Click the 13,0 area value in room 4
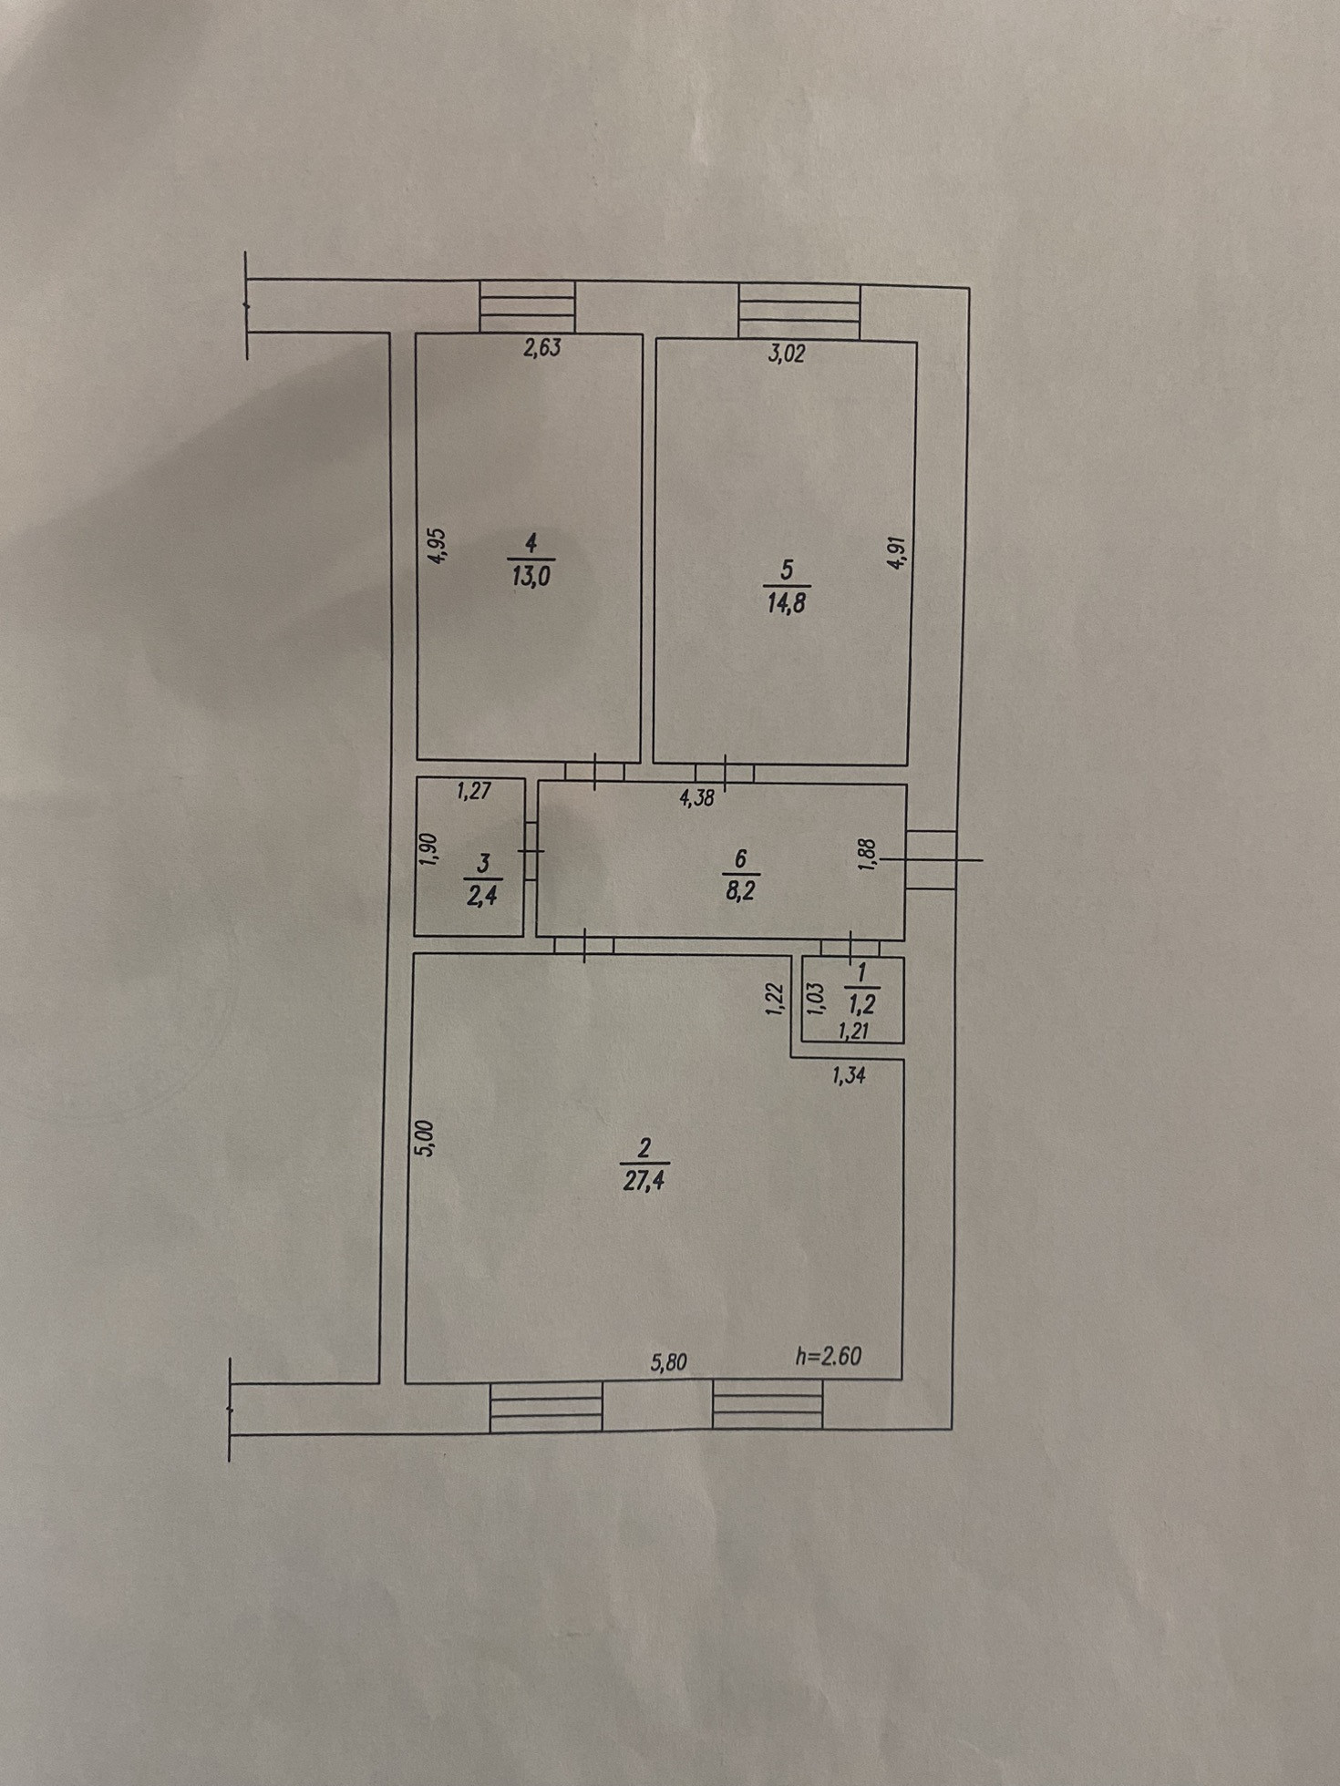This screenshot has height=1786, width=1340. click(x=531, y=577)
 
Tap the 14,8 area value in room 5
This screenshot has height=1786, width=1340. click(x=786, y=603)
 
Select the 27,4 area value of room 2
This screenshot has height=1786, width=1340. click(x=644, y=1181)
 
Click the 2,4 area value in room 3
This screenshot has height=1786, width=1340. click(x=482, y=896)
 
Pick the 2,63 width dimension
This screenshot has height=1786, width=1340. click(x=541, y=348)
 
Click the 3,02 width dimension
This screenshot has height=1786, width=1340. click(x=787, y=354)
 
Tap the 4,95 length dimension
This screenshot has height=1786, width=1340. click(x=438, y=547)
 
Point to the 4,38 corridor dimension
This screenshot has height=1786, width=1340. click(x=696, y=799)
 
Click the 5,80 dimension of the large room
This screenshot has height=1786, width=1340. click(x=668, y=1362)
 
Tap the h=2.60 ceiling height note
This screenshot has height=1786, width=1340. click(x=829, y=1356)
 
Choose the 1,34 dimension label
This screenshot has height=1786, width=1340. click(x=849, y=1075)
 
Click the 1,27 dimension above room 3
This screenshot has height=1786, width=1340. click(x=474, y=791)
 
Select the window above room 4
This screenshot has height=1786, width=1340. click(x=527, y=306)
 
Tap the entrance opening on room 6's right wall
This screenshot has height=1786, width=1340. click(x=932, y=859)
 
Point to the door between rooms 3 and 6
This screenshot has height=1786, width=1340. click(x=531, y=851)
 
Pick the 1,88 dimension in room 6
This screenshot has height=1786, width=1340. click(x=868, y=856)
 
